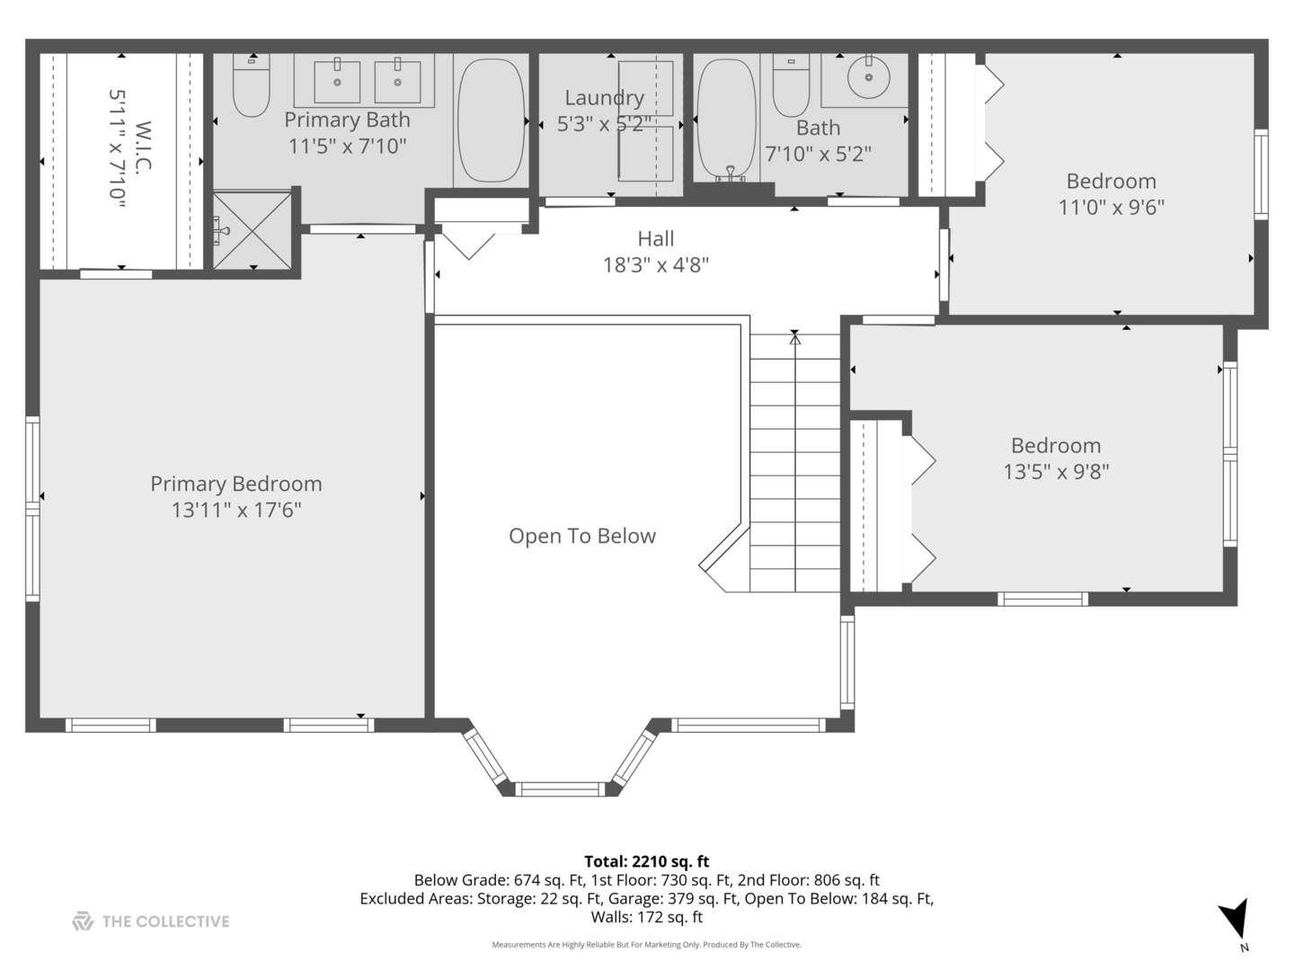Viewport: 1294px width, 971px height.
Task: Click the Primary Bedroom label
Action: (x=235, y=484)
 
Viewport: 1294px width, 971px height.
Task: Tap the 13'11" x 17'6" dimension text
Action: (x=235, y=510)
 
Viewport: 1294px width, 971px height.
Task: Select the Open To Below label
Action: (x=582, y=536)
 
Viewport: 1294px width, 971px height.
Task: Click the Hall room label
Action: (x=656, y=238)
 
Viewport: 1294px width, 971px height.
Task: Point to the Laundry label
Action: (x=604, y=98)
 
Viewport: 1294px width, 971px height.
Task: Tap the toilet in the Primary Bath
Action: (x=251, y=85)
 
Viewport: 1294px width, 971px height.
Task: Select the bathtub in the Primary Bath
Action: (x=491, y=120)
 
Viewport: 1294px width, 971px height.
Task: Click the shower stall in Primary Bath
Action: (x=253, y=230)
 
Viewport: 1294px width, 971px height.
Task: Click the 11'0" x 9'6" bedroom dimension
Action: (x=1111, y=207)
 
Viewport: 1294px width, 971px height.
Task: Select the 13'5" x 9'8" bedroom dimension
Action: (x=1056, y=471)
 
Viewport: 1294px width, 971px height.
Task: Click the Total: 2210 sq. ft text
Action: (x=646, y=861)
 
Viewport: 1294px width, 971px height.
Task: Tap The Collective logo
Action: (x=151, y=921)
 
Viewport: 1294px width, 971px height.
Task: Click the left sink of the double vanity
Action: (x=337, y=82)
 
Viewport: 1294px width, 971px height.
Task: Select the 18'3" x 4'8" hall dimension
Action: (x=656, y=265)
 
